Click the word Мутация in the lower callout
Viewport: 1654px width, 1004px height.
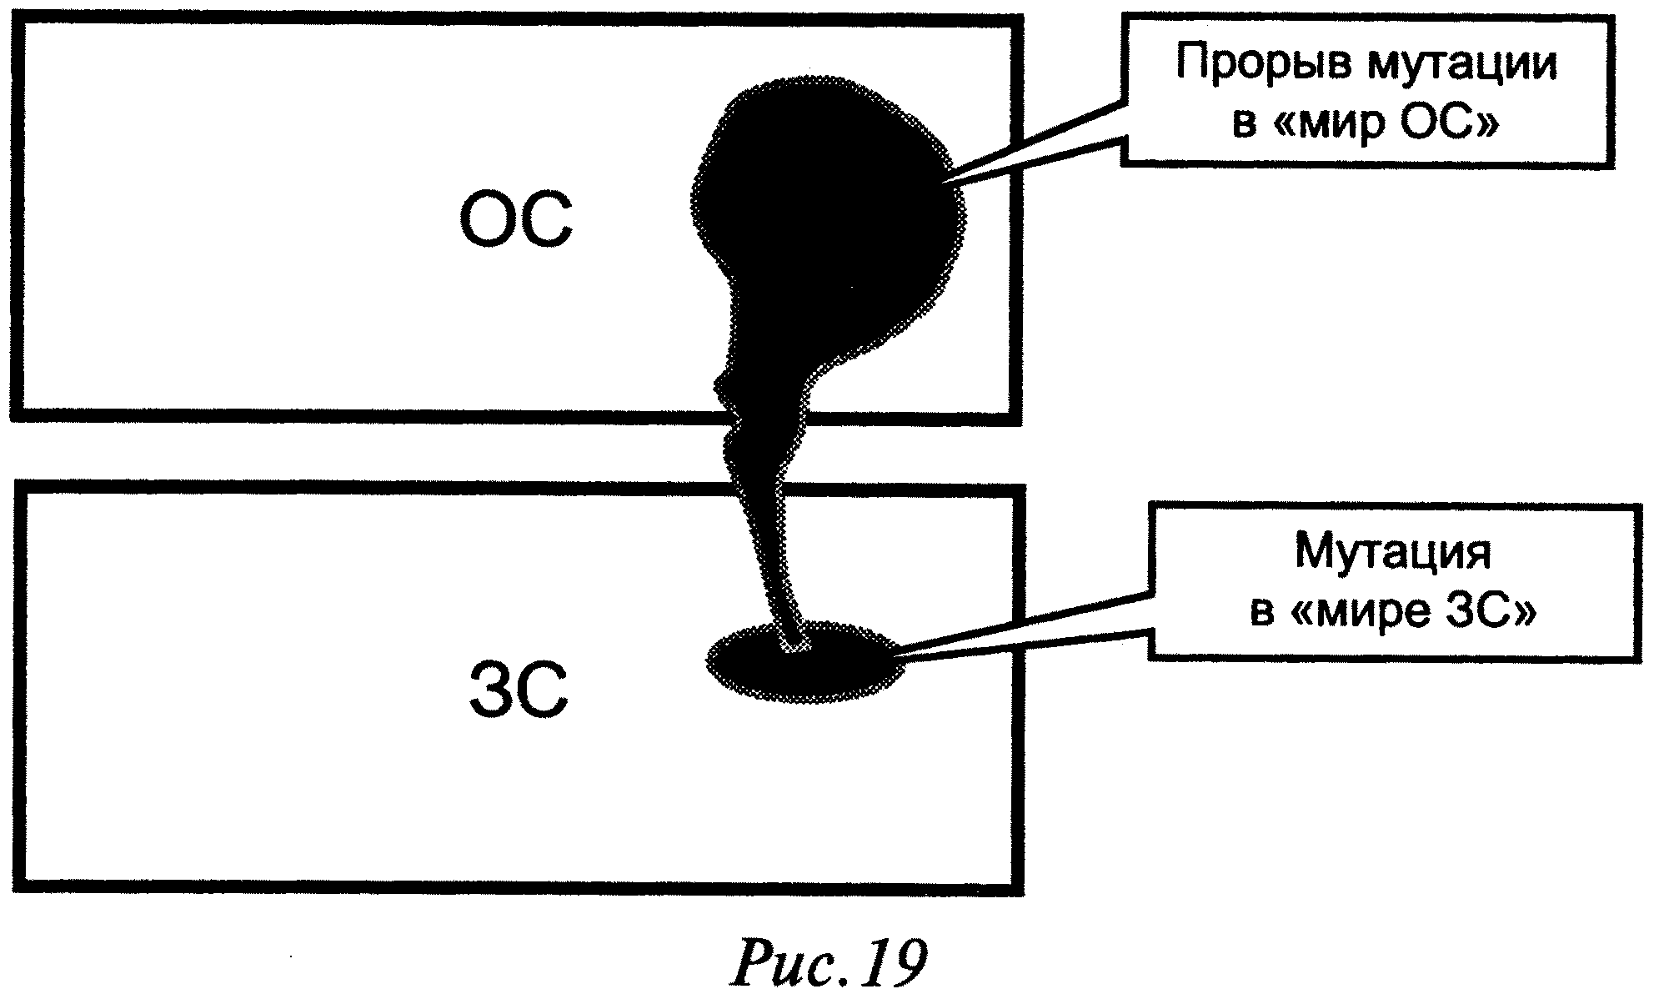point(1392,553)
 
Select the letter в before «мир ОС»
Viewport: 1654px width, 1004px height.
point(1245,126)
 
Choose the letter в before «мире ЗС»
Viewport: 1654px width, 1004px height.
point(1262,613)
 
